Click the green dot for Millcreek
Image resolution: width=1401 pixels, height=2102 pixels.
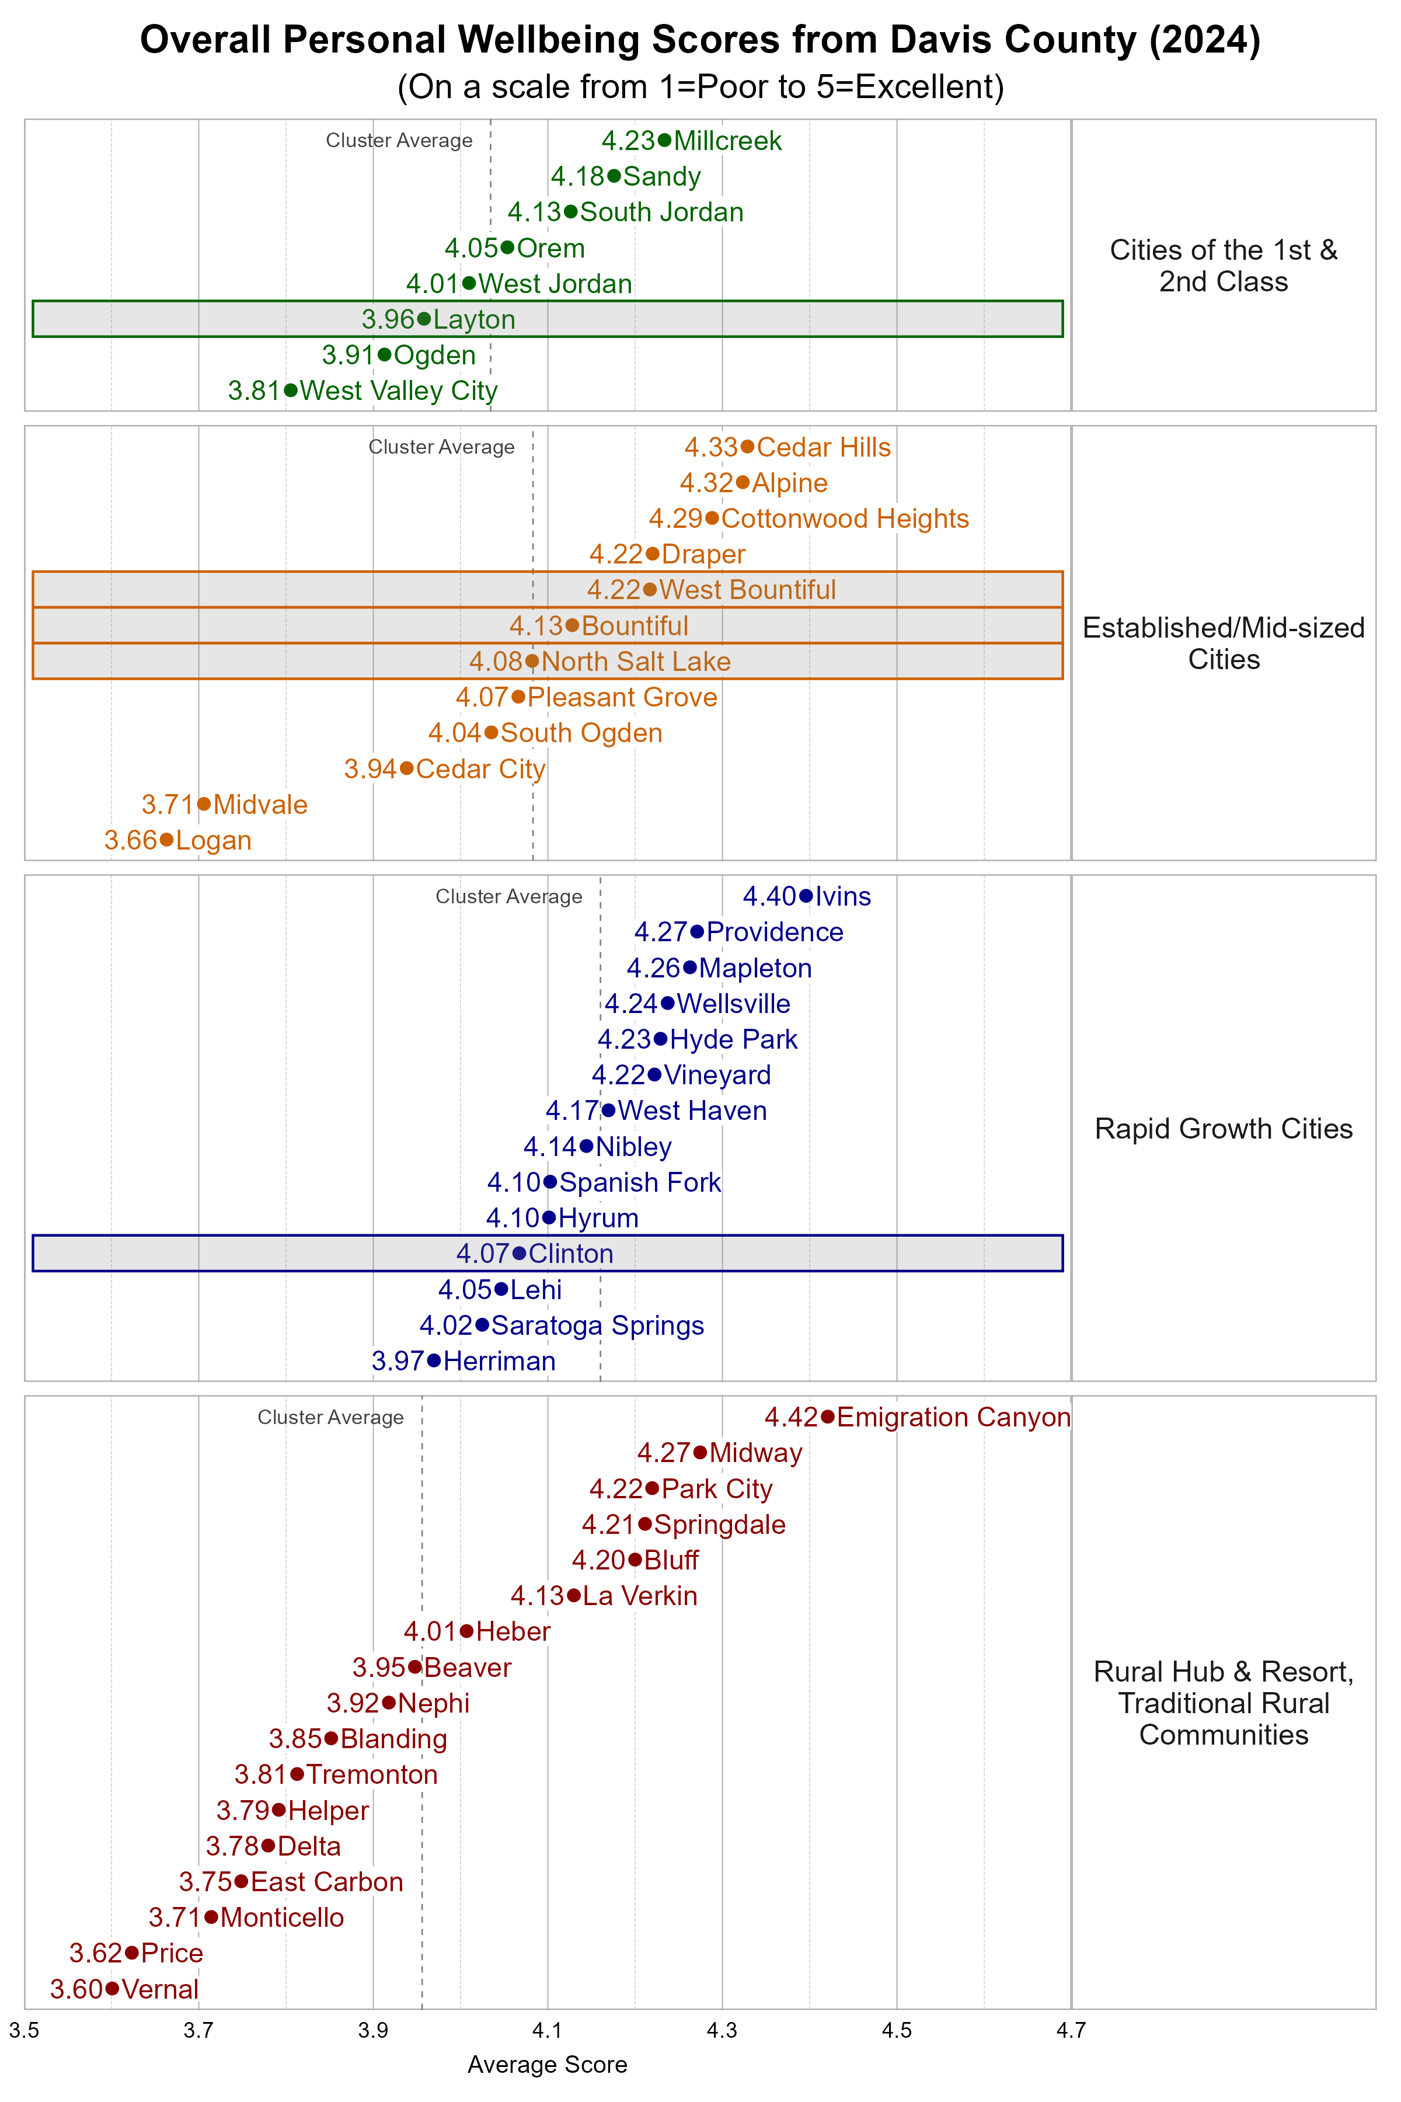pyautogui.click(x=664, y=140)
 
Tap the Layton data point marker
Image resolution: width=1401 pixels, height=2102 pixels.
pyautogui.click(x=424, y=319)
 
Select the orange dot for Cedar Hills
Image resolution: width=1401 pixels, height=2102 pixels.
pyautogui.click(x=747, y=447)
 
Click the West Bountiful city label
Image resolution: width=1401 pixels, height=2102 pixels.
pyautogui.click(x=747, y=590)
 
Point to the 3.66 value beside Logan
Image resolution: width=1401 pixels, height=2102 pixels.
pyautogui.click(x=130, y=840)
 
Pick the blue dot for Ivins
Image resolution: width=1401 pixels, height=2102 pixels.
pyautogui.click(x=806, y=896)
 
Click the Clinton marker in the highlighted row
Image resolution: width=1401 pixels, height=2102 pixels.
pyautogui.click(x=519, y=1253)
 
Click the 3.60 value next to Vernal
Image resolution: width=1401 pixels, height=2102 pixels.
pyautogui.click(x=76, y=1989)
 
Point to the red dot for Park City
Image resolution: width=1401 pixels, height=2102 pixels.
pyautogui.click(x=652, y=1488)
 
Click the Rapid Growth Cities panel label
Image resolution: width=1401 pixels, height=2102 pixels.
pyautogui.click(x=1223, y=1128)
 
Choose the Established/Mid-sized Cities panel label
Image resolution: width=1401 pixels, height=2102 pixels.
pyautogui.click(x=1223, y=643)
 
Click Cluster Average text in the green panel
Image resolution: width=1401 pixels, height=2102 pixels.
pyautogui.click(x=399, y=140)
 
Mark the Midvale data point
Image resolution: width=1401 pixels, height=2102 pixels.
pyautogui.click(x=204, y=805)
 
